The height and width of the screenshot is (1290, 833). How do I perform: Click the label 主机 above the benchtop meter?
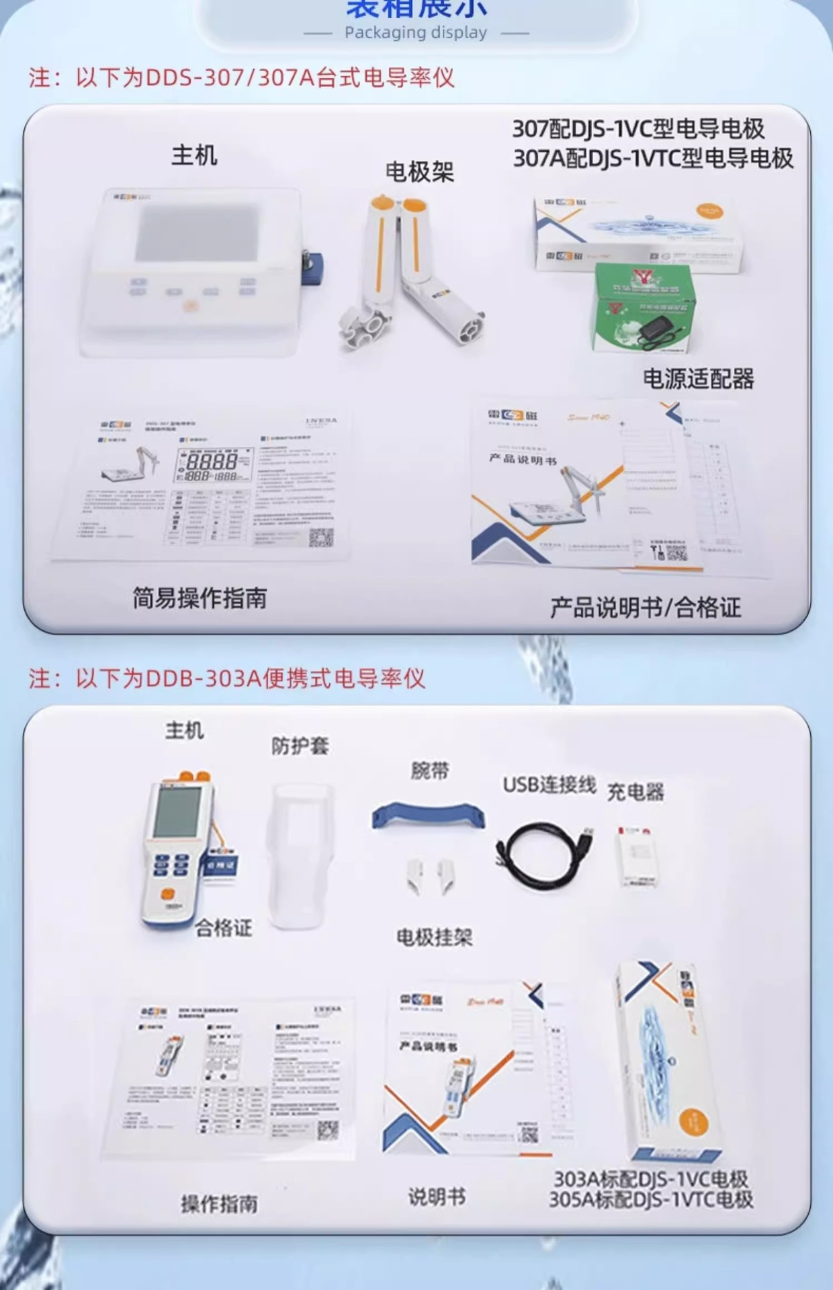click(x=194, y=155)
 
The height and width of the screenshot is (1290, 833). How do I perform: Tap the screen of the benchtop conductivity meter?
click(x=197, y=233)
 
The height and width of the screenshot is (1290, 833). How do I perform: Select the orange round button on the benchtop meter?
click(x=191, y=306)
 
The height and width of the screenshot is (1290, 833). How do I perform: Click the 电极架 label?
click(x=419, y=172)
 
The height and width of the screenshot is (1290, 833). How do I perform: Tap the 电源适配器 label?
click(x=698, y=379)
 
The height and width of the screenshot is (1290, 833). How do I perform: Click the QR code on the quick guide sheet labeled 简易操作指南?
click(x=321, y=537)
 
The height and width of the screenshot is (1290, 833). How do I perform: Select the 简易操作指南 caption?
click(x=200, y=597)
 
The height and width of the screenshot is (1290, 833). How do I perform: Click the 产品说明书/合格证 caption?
click(x=645, y=607)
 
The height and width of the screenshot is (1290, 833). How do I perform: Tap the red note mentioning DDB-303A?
click(x=227, y=678)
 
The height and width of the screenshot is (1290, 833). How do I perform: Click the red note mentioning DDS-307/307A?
click(x=242, y=78)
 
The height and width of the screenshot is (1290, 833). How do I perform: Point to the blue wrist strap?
click(x=428, y=814)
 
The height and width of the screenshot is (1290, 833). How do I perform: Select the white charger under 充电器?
click(x=635, y=856)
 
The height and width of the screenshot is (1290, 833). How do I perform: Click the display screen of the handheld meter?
click(x=177, y=812)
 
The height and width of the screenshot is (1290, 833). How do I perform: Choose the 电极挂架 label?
click(x=434, y=937)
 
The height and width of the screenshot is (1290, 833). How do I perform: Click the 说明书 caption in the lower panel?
click(x=437, y=1196)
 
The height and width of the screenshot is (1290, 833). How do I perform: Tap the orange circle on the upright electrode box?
click(x=694, y=1121)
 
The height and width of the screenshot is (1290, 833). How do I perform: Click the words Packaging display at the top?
click(x=416, y=32)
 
